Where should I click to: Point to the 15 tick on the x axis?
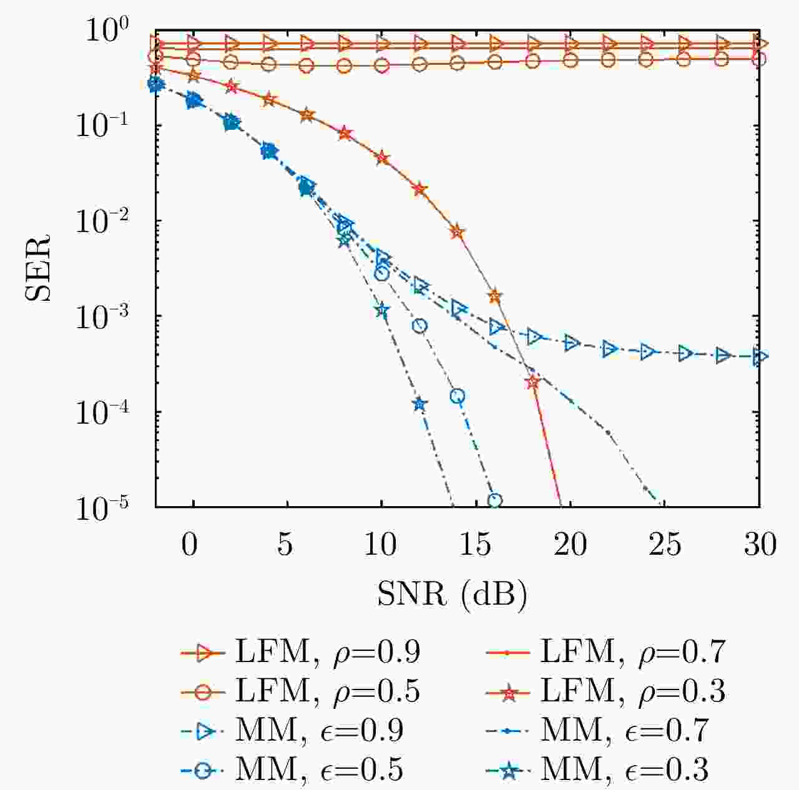[x=476, y=545]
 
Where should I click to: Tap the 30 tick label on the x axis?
[x=759, y=545]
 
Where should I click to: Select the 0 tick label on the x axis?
[x=190, y=545]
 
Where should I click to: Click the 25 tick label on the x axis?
[x=664, y=545]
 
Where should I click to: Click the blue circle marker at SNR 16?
[x=495, y=500]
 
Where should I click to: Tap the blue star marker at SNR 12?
[x=419, y=404]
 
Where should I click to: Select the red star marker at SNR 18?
[x=532, y=383]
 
